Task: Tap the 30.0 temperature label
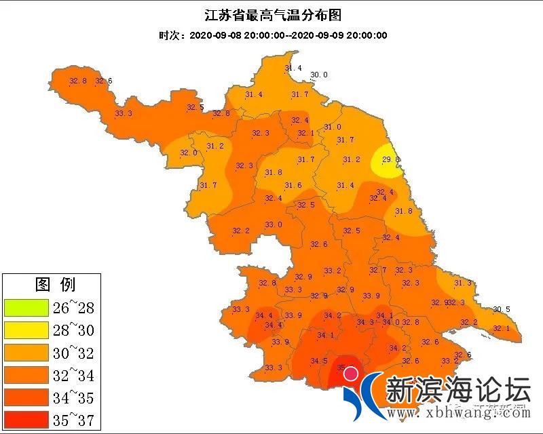[x=319, y=75]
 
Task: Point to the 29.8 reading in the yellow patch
[x=391, y=159]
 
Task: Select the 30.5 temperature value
[x=501, y=309]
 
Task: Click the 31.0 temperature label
[x=333, y=127]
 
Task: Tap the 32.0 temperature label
[x=189, y=153]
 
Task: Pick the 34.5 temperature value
[x=319, y=361]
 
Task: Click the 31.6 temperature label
[x=293, y=185]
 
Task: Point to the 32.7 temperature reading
[x=378, y=271]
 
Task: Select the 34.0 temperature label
[x=392, y=322]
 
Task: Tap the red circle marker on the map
[x=350, y=374]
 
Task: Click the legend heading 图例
[x=56, y=284]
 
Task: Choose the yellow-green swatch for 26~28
[x=26, y=309]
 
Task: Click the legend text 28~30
[x=73, y=331]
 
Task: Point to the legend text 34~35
[x=73, y=397]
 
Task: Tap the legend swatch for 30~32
[x=26, y=353]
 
